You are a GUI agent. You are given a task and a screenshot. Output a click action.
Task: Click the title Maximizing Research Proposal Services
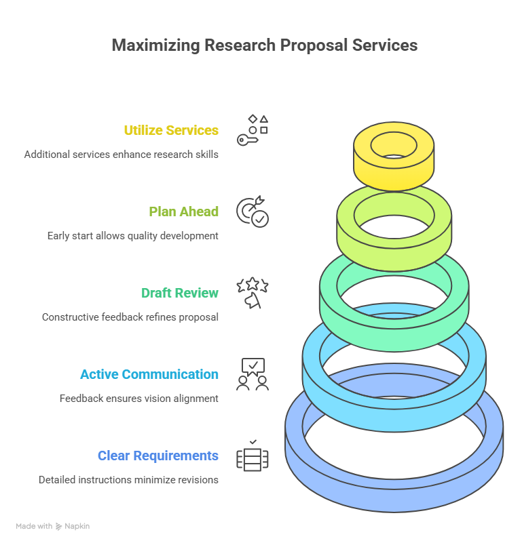[x=264, y=45]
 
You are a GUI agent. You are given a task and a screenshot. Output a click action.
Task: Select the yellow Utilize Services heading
[x=171, y=130]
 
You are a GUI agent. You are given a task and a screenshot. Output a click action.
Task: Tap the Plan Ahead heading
[x=183, y=211]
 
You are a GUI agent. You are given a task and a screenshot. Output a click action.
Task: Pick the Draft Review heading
[x=180, y=293]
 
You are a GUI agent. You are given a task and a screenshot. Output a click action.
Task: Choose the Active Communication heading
[x=149, y=374]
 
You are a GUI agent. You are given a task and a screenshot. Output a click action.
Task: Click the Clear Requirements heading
[x=157, y=456]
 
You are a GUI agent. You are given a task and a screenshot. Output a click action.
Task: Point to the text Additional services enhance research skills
[x=121, y=155]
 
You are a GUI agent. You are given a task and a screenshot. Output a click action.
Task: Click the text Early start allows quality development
[x=132, y=236]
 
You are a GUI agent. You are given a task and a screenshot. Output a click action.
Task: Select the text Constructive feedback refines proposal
[x=130, y=317]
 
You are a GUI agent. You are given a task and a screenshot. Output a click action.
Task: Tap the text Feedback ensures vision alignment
[x=138, y=399]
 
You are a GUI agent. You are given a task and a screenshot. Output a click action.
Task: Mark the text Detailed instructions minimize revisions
[x=128, y=480]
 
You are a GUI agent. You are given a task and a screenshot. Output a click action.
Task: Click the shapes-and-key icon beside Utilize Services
[x=253, y=130]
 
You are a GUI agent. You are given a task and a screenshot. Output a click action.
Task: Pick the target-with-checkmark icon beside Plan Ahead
[x=253, y=211]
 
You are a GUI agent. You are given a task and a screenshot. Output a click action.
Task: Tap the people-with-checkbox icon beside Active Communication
[x=253, y=374]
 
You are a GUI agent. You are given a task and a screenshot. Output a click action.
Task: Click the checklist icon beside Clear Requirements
[x=253, y=456]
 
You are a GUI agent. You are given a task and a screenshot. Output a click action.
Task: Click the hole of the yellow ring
[x=394, y=144]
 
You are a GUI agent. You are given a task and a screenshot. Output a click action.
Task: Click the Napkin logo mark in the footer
[x=59, y=526]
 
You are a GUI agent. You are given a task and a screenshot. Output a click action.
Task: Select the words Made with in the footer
[x=34, y=526]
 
